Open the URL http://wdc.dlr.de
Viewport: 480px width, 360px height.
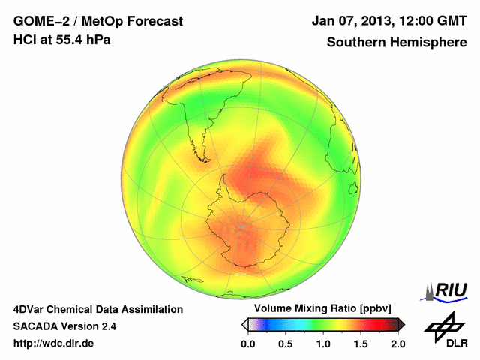54,343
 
